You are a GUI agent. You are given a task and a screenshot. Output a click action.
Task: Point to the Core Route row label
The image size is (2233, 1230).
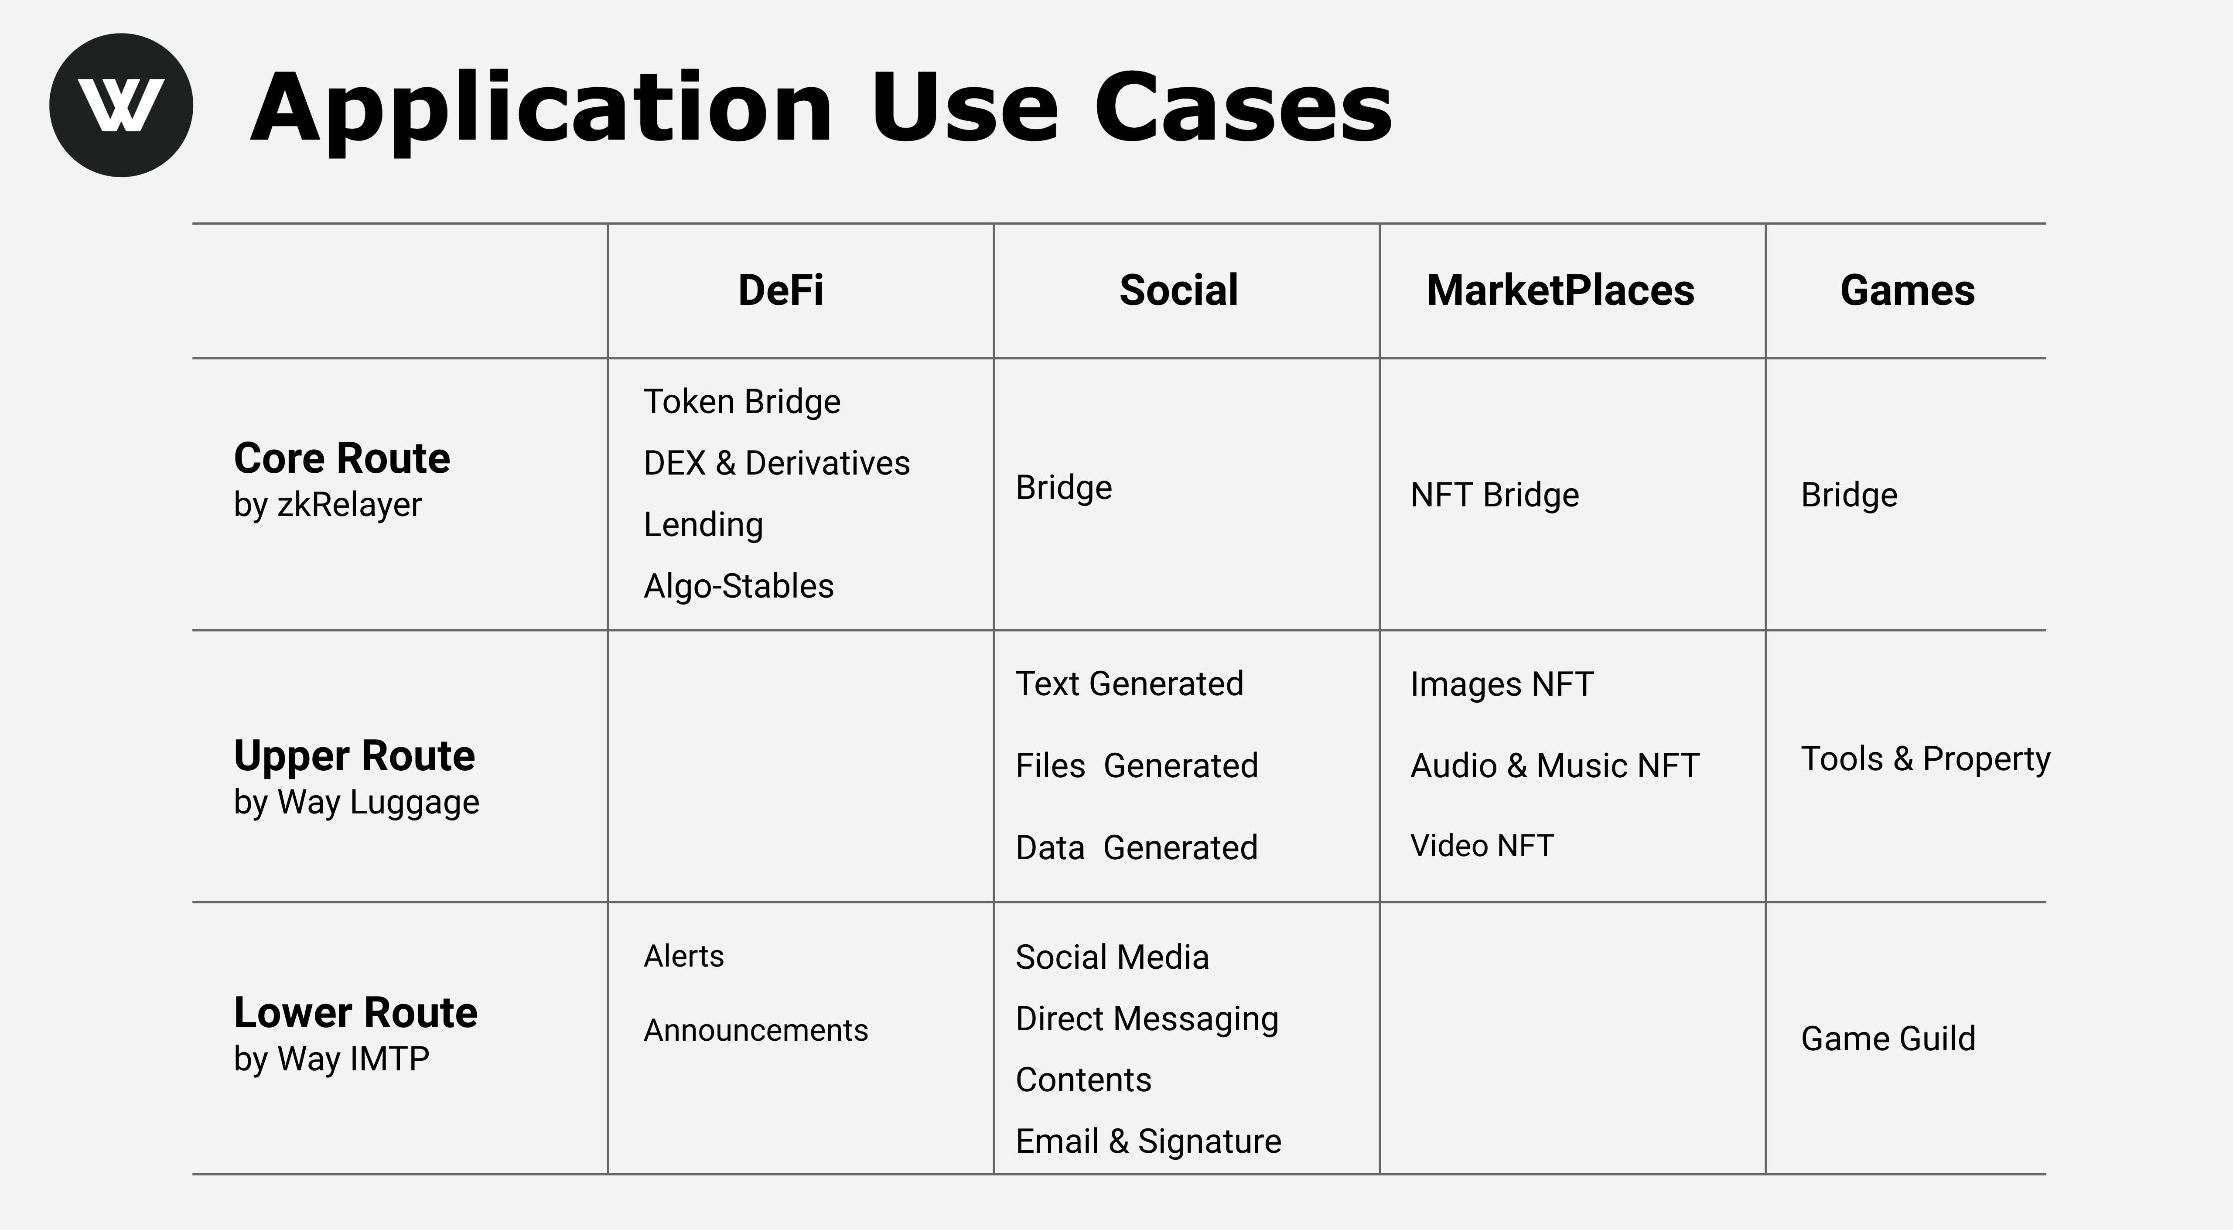click(x=341, y=458)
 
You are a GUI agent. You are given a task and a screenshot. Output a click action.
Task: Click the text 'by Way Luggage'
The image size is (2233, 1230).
click(x=356, y=803)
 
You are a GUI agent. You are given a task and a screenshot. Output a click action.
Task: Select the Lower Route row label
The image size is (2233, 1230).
click(x=355, y=1012)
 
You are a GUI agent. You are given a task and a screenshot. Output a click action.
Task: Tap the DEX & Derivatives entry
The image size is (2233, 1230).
click(x=777, y=463)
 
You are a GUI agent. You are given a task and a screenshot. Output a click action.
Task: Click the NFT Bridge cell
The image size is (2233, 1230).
click(x=1495, y=495)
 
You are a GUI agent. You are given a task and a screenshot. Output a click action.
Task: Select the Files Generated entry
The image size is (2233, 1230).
click(x=1137, y=765)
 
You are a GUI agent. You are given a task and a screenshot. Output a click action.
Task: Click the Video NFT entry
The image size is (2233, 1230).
click(x=1482, y=845)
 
